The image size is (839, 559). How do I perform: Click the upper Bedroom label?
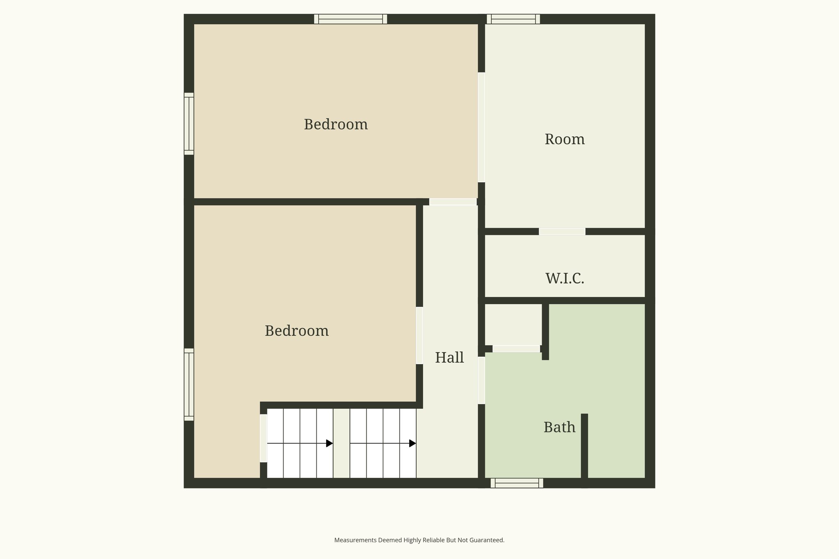pyautogui.click(x=336, y=124)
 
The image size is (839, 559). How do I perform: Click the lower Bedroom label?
pyautogui.click(x=297, y=331)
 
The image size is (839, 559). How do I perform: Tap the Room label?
pyautogui.click(x=564, y=140)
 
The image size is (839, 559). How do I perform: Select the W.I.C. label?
pyautogui.click(x=564, y=278)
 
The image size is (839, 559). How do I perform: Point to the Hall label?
pyautogui.click(x=449, y=358)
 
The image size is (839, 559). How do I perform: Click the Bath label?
pyautogui.click(x=559, y=428)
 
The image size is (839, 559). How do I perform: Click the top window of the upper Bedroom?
pyautogui.click(x=350, y=19)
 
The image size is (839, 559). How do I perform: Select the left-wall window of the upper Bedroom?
pyautogui.click(x=189, y=124)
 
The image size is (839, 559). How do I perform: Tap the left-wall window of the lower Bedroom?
pyautogui.click(x=189, y=385)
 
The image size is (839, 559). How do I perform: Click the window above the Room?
pyautogui.click(x=513, y=19)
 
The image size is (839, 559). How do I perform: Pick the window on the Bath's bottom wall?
pyautogui.click(x=517, y=483)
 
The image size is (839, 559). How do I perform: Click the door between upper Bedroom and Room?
pyautogui.click(x=481, y=127)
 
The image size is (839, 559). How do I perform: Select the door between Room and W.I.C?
pyautogui.click(x=562, y=232)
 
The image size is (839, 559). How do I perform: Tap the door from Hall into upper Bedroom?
pyautogui.click(x=453, y=202)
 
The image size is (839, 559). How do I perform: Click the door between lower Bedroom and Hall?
pyautogui.click(x=419, y=335)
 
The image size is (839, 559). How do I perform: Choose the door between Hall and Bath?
pyautogui.click(x=481, y=380)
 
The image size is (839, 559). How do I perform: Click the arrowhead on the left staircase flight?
pyautogui.click(x=329, y=443)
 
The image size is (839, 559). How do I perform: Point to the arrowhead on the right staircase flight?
pyautogui.click(x=413, y=443)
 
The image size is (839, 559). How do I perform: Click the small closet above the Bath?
pyautogui.click(x=513, y=324)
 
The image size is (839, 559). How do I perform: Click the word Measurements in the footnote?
pyautogui.click(x=355, y=540)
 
